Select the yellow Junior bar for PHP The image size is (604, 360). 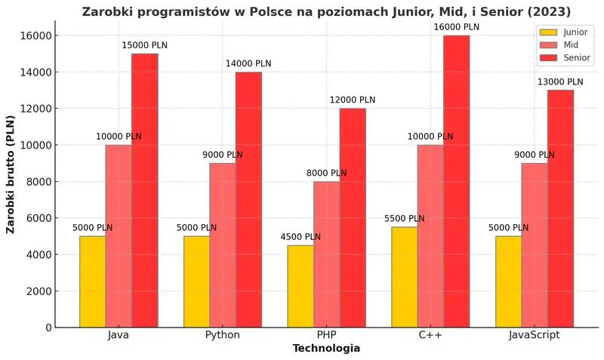tap(300, 286)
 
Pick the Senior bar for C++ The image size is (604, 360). tap(456, 181)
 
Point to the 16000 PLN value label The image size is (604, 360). tap(456, 27)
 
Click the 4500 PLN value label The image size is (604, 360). tap(300, 236)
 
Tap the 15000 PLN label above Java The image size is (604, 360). tap(145, 45)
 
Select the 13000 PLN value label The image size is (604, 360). tap(560, 82)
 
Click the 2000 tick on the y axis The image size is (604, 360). tap(39, 291)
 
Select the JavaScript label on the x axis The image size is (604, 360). tap(534, 334)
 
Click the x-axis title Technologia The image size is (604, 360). tap(326, 349)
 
